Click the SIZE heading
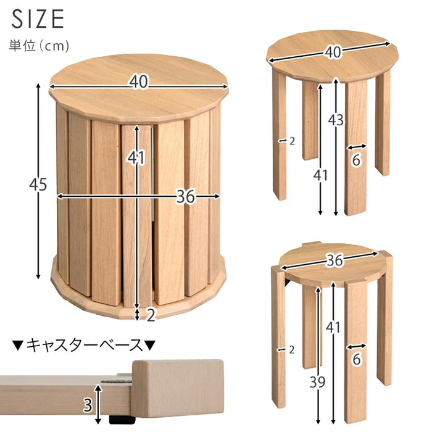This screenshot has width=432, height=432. click(x=38, y=19)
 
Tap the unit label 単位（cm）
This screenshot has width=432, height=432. click(x=39, y=46)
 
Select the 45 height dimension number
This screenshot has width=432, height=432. click(x=38, y=185)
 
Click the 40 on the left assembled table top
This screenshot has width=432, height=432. click(x=139, y=82)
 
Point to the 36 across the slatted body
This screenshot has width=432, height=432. click(x=185, y=196)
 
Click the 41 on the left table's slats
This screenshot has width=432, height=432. click(x=136, y=157)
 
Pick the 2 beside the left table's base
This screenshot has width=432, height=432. click(x=151, y=315)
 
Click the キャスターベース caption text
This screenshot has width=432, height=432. click(x=85, y=345)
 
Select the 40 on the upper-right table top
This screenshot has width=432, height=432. click(x=333, y=51)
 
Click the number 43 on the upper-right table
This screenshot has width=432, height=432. click(x=336, y=120)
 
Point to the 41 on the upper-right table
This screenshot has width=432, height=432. click(x=320, y=175)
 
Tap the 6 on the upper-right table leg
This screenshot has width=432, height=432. click(x=356, y=160)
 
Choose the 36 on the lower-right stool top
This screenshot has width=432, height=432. click(x=334, y=260)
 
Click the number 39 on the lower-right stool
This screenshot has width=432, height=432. click(x=317, y=382)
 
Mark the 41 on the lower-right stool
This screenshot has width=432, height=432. click(x=333, y=327)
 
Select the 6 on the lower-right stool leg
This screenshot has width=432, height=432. click(x=357, y=359)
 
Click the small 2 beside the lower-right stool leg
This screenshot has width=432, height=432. click(x=292, y=350)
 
